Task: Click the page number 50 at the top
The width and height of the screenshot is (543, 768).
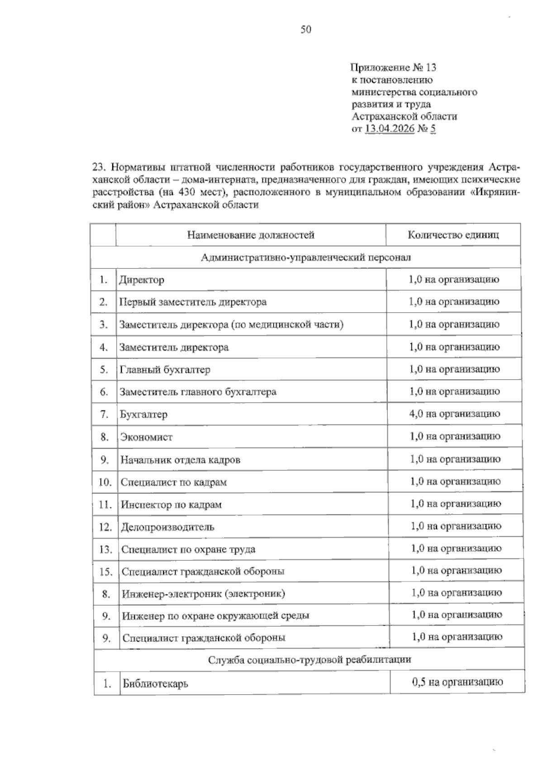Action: point(306,30)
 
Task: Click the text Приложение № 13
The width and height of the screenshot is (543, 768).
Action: point(393,68)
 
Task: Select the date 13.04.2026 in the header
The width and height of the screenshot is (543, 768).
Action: point(390,129)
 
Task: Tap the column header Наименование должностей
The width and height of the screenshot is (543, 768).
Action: point(251,235)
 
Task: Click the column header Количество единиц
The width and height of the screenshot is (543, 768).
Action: point(453,235)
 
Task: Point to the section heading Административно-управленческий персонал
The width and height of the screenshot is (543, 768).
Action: point(305,258)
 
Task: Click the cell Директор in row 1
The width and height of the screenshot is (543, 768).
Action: point(142,280)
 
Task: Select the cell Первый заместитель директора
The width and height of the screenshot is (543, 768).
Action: point(193,302)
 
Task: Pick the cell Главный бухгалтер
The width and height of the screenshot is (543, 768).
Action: point(165,370)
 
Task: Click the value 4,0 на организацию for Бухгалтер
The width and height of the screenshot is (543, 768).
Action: point(454,414)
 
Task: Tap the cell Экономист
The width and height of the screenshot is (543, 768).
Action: point(146,437)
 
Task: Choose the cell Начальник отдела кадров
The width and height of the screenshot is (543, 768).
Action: point(180,460)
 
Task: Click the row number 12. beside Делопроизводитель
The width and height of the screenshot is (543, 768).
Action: point(105,527)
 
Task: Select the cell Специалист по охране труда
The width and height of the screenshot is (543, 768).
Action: point(188,549)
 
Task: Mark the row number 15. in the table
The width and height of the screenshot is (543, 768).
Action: point(105,572)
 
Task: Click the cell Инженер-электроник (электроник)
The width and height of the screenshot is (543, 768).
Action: point(203,594)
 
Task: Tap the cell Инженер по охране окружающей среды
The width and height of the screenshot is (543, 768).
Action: point(216,616)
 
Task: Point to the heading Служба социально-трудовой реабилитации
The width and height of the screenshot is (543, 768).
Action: point(310,659)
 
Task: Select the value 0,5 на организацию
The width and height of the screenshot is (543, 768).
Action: point(457,682)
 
